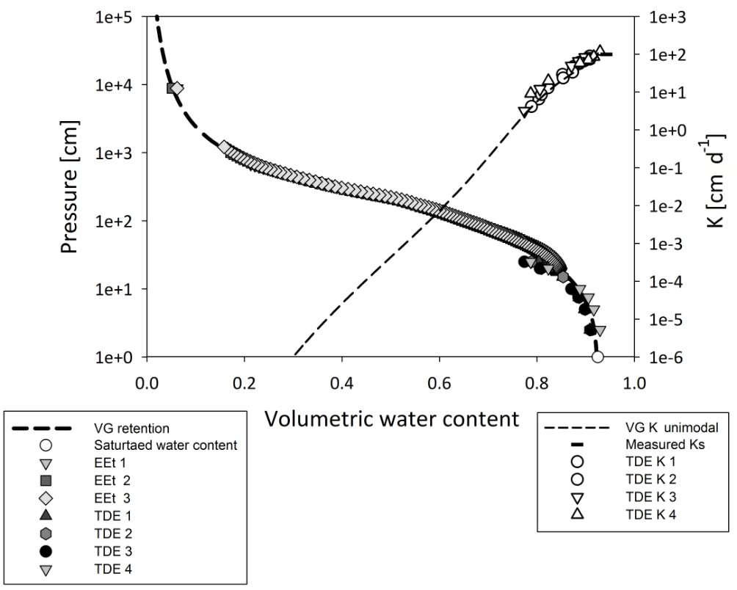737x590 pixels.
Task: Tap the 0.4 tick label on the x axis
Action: [x=341, y=383]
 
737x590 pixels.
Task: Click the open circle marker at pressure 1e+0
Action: [x=598, y=357]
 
